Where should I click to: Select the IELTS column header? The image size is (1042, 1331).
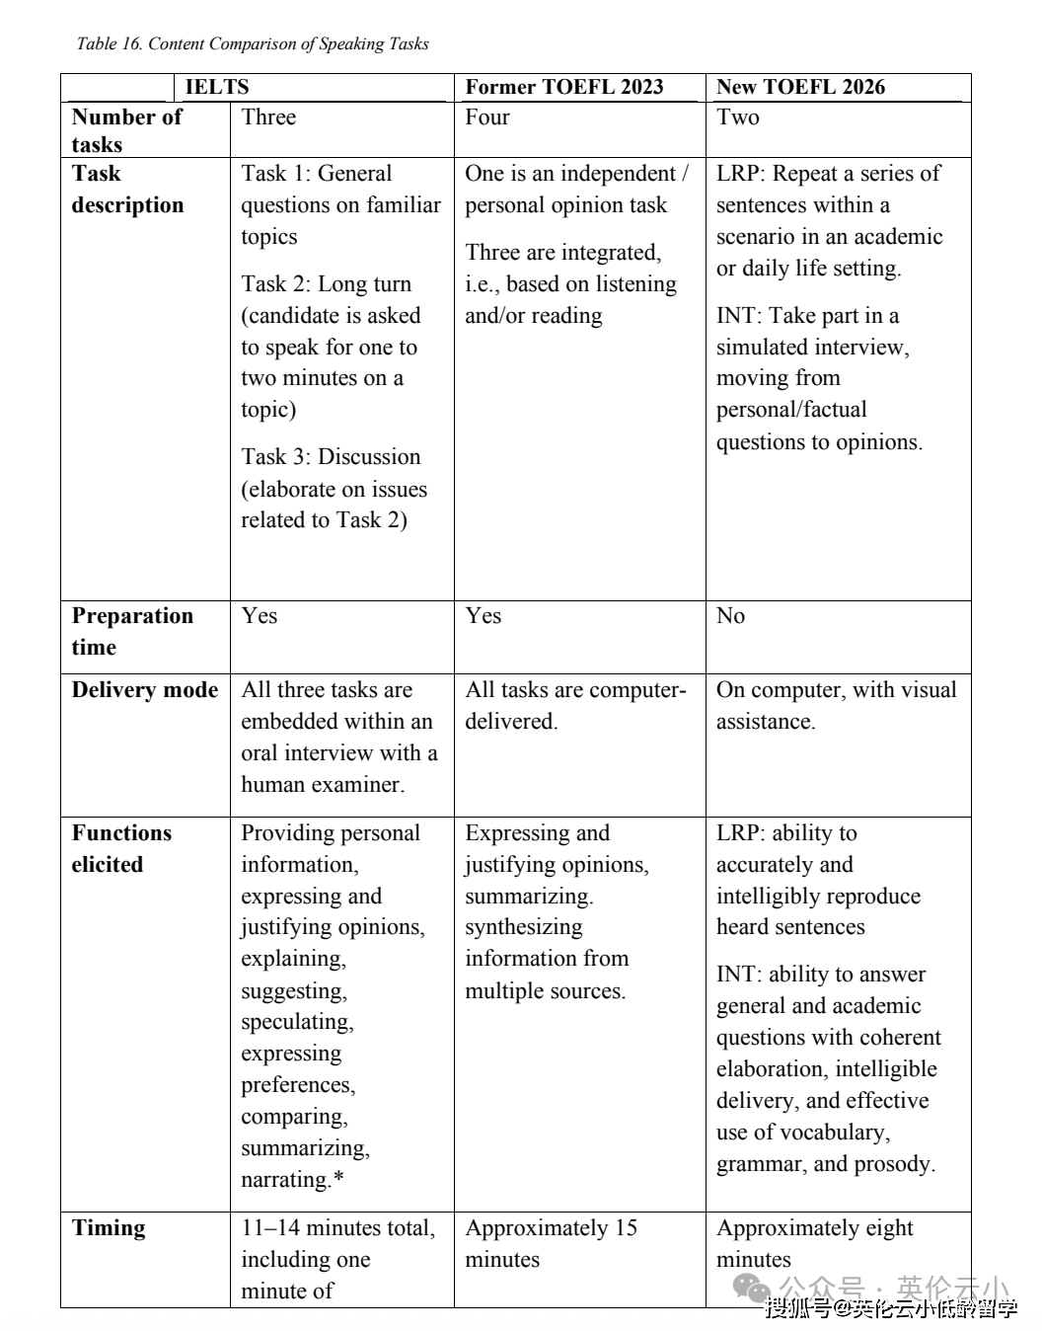217,87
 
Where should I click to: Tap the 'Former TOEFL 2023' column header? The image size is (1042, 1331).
564,87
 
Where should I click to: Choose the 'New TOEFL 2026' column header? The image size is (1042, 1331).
800,87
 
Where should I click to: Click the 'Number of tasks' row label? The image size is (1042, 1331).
126,130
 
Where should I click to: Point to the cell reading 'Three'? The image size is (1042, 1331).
268,117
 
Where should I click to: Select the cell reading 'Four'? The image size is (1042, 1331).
487,117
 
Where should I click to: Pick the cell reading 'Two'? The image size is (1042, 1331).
738,117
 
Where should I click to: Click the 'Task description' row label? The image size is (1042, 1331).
127,189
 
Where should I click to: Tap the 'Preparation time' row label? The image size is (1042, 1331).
132,631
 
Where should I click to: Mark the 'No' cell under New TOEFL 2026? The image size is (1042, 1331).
730,616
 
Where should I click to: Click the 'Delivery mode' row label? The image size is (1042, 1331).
145,690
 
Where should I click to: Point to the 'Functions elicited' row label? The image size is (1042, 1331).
121,848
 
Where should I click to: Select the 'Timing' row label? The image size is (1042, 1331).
109,1228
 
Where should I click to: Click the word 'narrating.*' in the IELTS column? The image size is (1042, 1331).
293,1180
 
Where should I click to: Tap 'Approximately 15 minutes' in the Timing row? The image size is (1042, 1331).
551,1243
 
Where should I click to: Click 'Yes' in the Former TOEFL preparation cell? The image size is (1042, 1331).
484,616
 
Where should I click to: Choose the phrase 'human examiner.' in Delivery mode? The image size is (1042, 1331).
323,785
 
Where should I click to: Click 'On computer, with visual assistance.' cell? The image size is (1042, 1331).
836,705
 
